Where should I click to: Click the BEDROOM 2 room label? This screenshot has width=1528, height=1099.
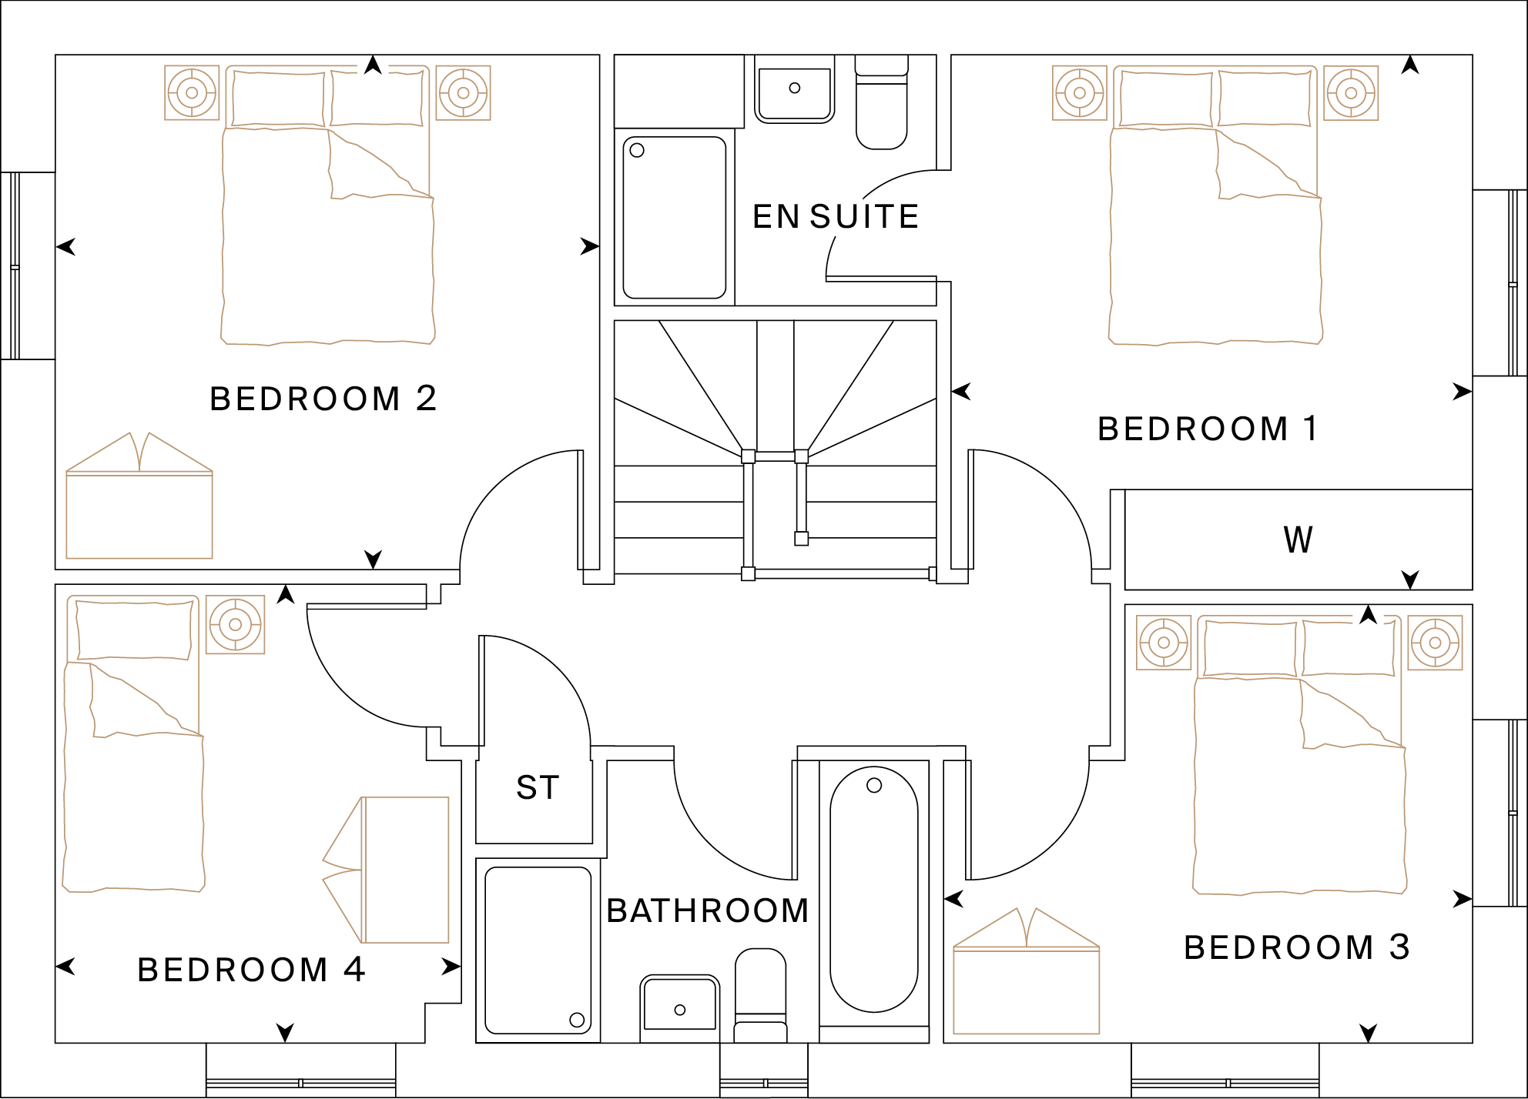tap(323, 399)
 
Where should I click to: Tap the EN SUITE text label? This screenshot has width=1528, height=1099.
tap(836, 217)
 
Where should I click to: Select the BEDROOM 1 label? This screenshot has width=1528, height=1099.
tap(1208, 429)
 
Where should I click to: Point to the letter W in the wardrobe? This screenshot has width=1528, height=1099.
tap(1298, 539)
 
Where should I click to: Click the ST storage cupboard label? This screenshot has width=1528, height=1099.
tap(538, 788)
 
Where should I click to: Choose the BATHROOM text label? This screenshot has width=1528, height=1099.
tap(707, 910)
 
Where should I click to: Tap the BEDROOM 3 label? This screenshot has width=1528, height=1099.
tap(1297, 947)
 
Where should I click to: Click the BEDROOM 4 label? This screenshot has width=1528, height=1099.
tap(251, 970)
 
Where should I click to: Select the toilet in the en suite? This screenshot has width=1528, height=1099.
tap(882, 104)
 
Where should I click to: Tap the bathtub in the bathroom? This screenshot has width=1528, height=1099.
tap(874, 889)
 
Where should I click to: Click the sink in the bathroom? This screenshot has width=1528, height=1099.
tap(679, 1004)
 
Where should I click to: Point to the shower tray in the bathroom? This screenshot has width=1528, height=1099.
tap(538, 950)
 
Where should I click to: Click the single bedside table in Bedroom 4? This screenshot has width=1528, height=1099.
tap(236, 625)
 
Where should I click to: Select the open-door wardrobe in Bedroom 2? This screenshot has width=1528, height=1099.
tap(139, 500)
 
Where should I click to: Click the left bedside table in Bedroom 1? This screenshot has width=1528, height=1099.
tap(1080, 93)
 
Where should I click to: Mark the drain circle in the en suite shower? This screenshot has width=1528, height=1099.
tap(637, 150)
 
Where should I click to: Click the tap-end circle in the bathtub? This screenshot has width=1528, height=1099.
tap(874, 786)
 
